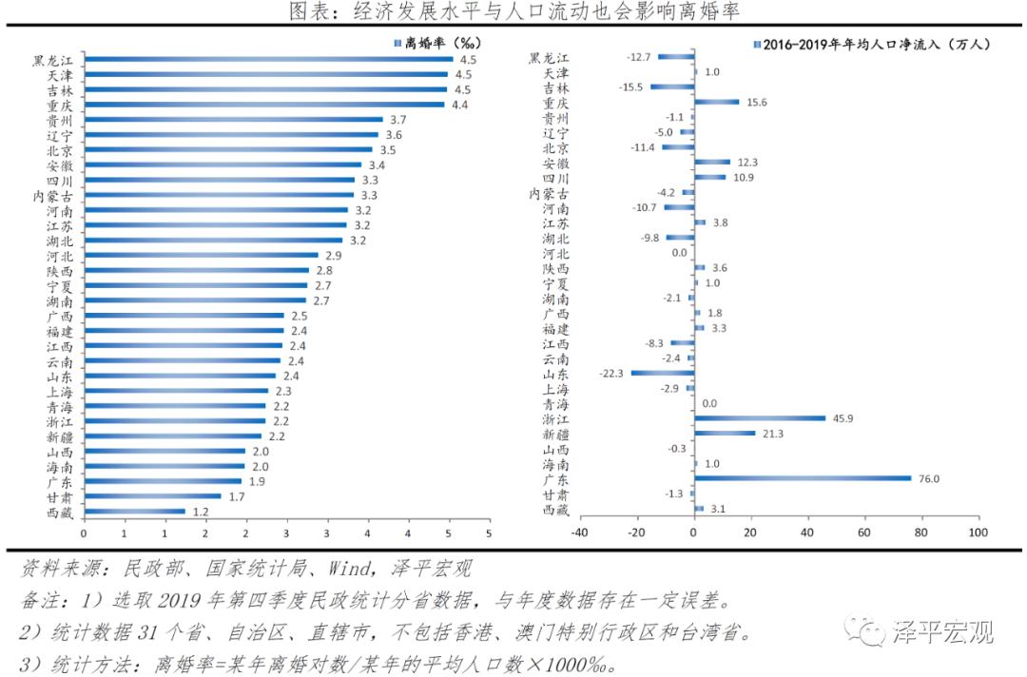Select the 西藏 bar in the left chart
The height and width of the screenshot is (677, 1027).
134,512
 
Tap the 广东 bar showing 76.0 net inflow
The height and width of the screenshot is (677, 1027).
803,478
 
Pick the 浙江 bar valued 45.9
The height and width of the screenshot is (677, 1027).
760,417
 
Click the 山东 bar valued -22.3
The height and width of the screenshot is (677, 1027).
662,373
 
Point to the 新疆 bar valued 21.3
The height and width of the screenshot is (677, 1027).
725,433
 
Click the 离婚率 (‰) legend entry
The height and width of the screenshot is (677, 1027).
437,43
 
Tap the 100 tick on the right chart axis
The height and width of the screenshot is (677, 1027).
978,532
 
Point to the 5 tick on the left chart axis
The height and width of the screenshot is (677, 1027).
489,532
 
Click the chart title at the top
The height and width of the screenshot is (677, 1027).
513,11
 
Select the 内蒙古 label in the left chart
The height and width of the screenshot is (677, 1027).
53,196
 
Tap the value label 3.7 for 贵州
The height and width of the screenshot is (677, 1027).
398,120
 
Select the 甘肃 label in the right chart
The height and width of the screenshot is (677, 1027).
556,494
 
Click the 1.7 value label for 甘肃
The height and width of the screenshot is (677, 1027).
236,496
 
